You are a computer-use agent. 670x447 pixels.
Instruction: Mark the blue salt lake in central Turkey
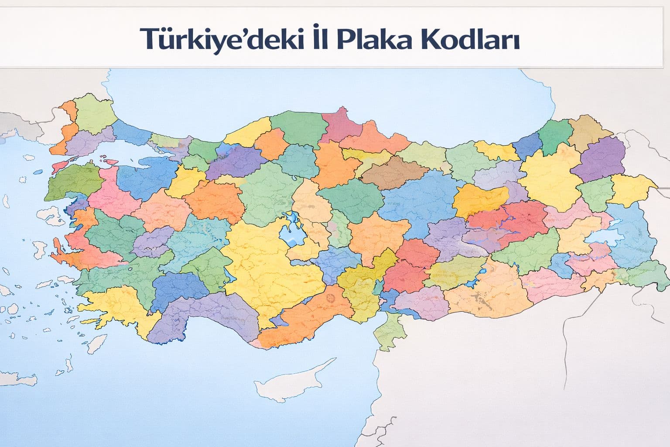(291, 231)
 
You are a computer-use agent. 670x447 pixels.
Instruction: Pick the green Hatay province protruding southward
(390, 330)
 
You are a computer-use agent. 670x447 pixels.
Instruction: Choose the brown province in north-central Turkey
(393, 172)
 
